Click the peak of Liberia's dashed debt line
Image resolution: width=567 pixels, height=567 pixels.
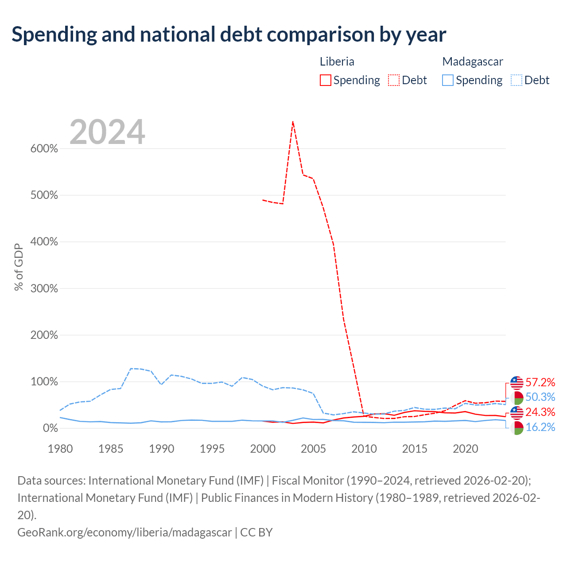coord(292,121)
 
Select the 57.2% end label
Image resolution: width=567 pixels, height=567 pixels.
coord(540,382)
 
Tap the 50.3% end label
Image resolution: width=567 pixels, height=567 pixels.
coord(540,397)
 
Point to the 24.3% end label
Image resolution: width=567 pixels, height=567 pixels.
coord(540,412)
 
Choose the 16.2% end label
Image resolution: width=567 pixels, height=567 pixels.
coord(540,427)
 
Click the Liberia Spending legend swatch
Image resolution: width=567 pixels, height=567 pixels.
coord(325,80)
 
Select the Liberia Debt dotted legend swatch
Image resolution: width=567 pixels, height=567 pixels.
coord(393,80)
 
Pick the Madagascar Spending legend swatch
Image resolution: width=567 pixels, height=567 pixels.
coord(447,80)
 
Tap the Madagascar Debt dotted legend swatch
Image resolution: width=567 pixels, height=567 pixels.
coord(516,80)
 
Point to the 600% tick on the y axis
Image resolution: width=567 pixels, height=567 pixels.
coord(44,148)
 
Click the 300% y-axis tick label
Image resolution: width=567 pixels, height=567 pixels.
coord(44,288)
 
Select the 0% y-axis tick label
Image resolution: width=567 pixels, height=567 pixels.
coord(50,428)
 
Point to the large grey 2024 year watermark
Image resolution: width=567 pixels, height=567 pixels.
coord(107,132)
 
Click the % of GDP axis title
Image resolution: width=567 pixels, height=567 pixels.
coord(19,267)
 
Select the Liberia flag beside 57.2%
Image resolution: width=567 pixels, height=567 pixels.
coord(517,383)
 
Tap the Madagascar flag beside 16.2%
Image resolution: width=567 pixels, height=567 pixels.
coord(517,428)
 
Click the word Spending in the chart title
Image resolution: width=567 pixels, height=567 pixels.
coord(54,35)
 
